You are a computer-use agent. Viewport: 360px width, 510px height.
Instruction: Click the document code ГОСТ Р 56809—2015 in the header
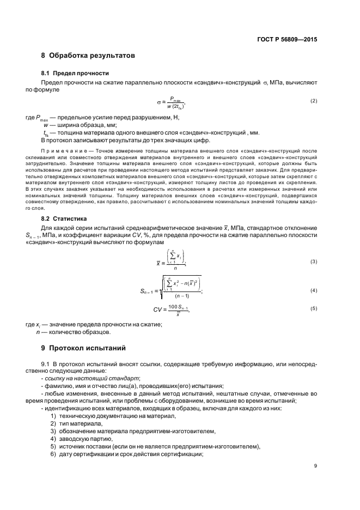(x=287, y=39)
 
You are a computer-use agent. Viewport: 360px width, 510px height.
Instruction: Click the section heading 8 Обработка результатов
(x=88, y=56)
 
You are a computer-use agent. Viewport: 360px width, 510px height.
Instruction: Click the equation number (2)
(x=313, y=101)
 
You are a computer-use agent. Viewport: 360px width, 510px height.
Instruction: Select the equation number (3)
(x=313, y=262)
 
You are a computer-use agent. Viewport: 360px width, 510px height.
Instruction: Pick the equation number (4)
(x=313, y=291)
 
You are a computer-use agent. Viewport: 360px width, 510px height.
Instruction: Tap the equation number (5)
(x=313, y=308)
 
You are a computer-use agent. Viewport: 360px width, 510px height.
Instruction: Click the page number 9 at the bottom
(x=315, y=465)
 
